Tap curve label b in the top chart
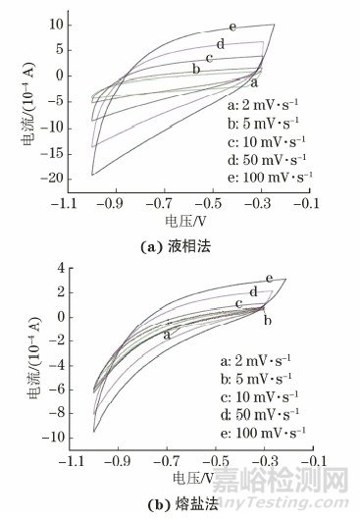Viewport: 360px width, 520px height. [x=196, y=68]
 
